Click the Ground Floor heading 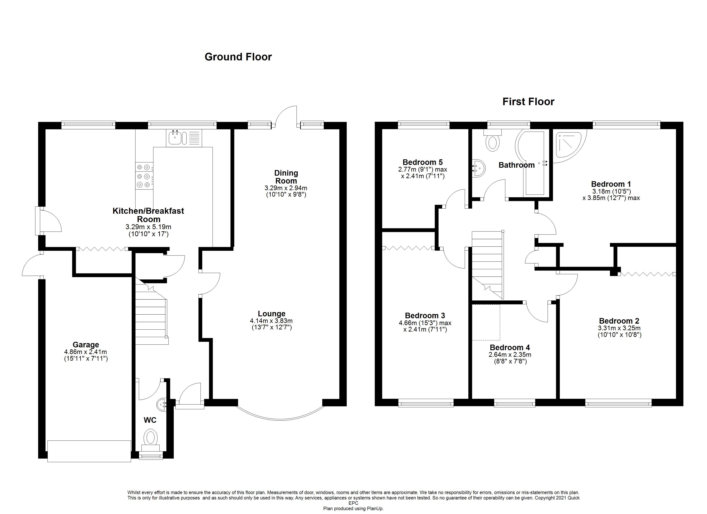pyautogui.click(x=238, y=57)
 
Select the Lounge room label pyautogui.click(x=271, y=314)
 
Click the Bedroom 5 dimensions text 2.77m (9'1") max pyautogui.click(x=422, y=170)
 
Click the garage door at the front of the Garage pyautogui.click(x=89, y=451)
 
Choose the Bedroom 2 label pyautogui.click(x=619, y=321)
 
